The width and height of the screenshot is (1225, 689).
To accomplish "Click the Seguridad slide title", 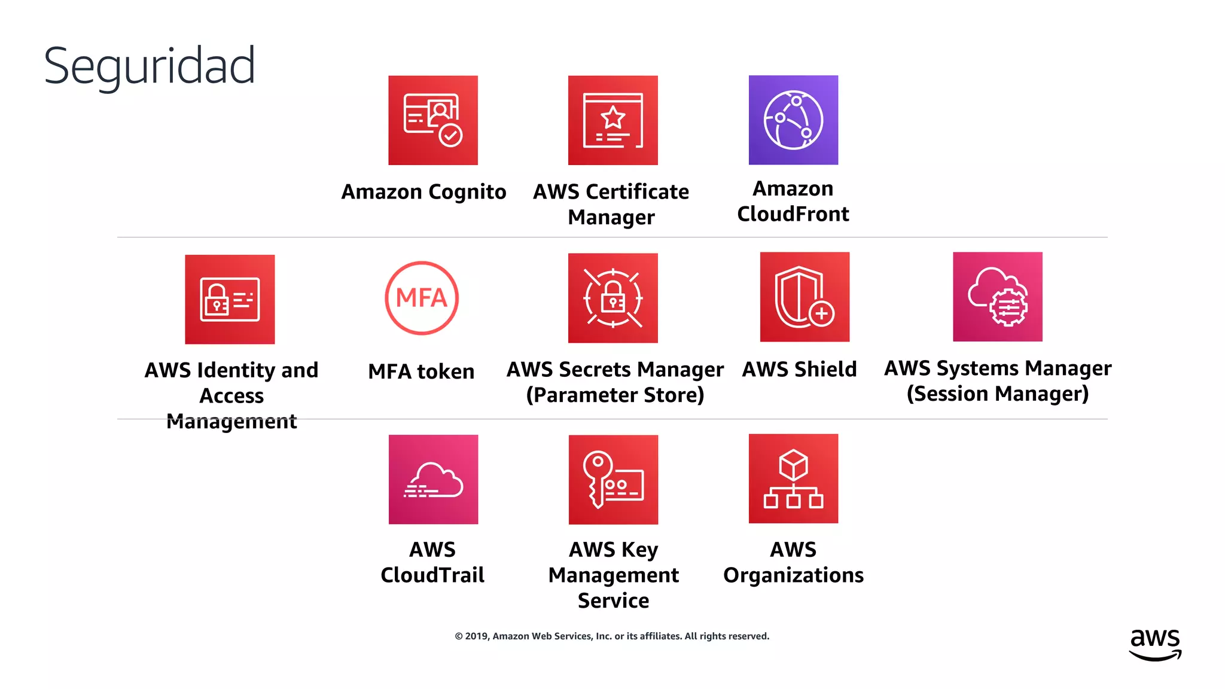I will (150, 66).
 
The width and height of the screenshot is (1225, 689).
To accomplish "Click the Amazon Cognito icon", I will (433, 120).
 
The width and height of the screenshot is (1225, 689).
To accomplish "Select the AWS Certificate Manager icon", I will (612, 120).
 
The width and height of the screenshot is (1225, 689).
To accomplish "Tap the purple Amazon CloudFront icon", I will (793, 120).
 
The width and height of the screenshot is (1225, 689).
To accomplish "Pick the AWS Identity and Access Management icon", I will (230, 300).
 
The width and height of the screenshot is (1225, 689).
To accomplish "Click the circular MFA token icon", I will (422, 298).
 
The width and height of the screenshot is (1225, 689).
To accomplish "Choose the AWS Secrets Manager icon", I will (612, 298).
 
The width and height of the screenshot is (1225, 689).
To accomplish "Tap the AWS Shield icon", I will (805, 297).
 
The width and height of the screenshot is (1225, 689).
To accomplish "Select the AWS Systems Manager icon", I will (997, 297).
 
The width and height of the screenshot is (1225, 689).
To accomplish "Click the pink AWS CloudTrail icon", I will (433, 480).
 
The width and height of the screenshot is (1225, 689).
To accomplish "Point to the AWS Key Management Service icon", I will (613, 480).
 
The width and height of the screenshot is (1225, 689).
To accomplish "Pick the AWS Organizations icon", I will (793, 478).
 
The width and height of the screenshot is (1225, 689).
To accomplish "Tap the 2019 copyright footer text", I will (612, 636).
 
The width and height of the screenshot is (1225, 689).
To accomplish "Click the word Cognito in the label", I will (467, 193).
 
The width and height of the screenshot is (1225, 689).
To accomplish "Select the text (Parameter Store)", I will (615, 395).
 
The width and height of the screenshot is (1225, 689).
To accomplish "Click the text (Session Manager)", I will (997, 394).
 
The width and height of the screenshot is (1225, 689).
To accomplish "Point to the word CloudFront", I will (793, 214).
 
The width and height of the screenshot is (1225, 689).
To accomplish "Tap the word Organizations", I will (793, 575).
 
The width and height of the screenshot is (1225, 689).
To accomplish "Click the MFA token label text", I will (421, 372).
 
